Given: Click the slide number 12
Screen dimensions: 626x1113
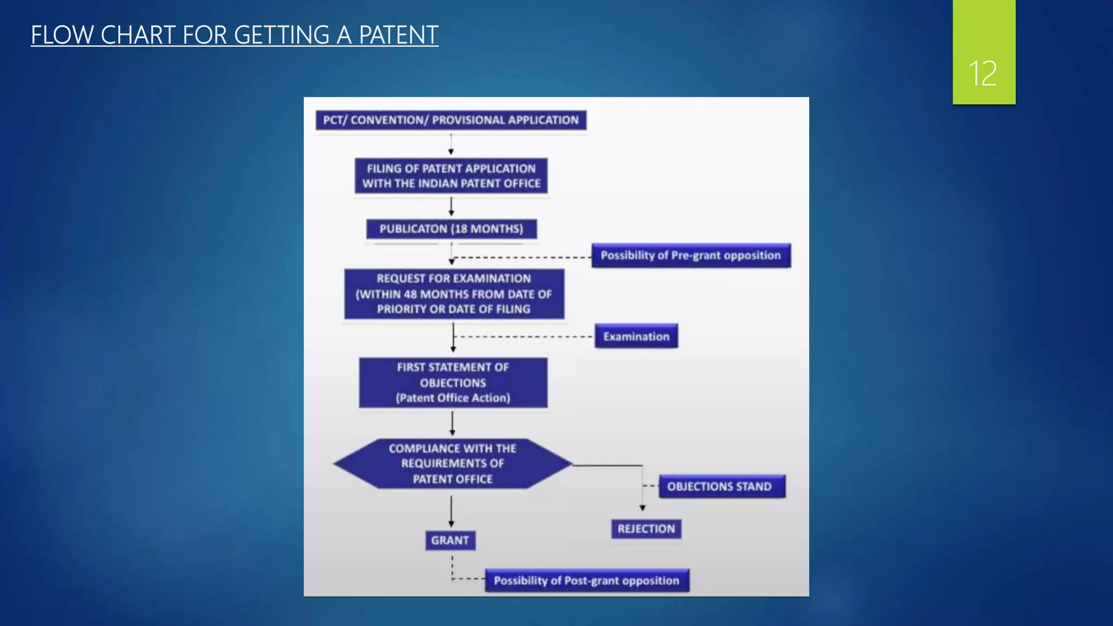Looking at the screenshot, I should pyautogui.click(x=983, y=73).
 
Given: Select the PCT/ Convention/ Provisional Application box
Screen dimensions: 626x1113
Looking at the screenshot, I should pyautogui.click(x=451, y=120).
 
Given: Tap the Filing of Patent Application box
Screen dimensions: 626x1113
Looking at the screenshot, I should pyautogui.click(x=451, y=176).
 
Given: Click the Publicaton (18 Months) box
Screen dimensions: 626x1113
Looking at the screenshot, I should pyautogui.click(x=451, y=229).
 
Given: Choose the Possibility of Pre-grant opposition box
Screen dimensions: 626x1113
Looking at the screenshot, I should pyautogui.click(x=690, y=255).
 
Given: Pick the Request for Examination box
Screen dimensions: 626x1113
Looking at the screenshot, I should pyautogui.click(x=454, y=294).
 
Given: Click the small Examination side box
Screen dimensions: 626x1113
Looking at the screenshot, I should pyautogui.click(x=636, y=336).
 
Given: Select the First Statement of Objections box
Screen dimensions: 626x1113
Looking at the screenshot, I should pyautogui.click(x=453, y=383).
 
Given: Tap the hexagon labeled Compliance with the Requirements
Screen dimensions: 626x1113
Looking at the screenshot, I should pyautogui.click(x=452, y=464).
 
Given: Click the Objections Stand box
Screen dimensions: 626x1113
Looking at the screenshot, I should pyautogui.click(x=721, y=486).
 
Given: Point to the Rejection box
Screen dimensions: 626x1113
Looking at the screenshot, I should pyautogui.click(x=646, y=529).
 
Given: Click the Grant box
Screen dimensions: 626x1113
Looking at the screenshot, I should pyautogui.click(x=450, y=540).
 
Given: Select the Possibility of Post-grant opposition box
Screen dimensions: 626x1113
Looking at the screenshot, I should pyautogui.click(x=586, y=580).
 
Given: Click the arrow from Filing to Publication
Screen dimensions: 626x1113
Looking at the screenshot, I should pyautogui.click(x=451, y=206).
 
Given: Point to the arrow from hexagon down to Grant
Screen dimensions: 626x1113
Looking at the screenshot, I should pyautogui.click(x=451, y=511).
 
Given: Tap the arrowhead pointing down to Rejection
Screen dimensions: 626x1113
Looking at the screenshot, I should pyautogui.click(x=642, y=508).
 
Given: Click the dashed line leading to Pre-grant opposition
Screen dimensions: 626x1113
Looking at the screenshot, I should pyautogui.click(x=522, y=257).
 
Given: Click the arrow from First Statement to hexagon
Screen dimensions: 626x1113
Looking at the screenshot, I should pyautogui.click(x=452, y=423).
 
